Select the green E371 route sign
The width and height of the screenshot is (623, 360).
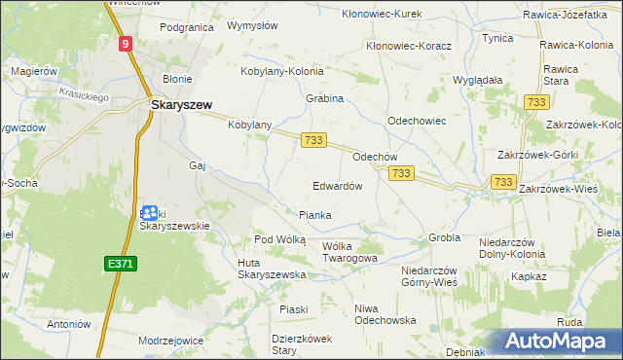click(x=118, y=264)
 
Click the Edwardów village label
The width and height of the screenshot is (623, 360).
click(x=337, y=185)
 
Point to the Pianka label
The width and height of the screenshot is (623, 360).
click(x=315, y=215)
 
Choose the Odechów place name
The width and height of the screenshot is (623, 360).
click(x=375, y=156)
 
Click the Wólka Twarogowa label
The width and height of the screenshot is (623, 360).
click(x=349, y=252)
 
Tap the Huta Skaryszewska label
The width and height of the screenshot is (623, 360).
click(x=272, y=269)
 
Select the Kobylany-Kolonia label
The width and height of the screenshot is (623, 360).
click(x=282, y=70)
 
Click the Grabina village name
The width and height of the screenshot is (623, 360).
click(x=325, y=98)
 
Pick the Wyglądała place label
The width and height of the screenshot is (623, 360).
click(x=477, y=80)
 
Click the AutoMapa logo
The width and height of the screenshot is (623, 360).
click(x=562, y=342)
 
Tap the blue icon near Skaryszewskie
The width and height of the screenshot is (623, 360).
click(x=149, y=212)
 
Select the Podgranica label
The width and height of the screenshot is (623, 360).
click(x=186, y=27)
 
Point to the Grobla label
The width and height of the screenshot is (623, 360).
click(x=444, y=237)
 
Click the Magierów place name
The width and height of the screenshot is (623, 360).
click(x=35, y=72)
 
